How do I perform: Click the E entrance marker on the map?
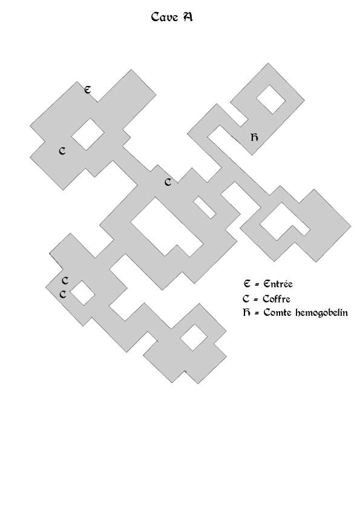(x=87, y=90)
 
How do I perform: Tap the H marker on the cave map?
(x=255, y=137)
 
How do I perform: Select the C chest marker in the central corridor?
(x=168, y=182)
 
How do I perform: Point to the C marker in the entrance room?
(x=62, y=151)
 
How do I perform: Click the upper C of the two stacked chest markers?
(x=65, y=280)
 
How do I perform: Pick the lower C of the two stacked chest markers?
(x=63, y=294)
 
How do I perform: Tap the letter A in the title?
(x=187, y=16)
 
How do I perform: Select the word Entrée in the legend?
(x=278, y=284)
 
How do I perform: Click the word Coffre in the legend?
(x=277, y=298)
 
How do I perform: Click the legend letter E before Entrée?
(x=247, y=283)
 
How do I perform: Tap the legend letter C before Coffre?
(x=246, y=298)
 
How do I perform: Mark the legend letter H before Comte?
(x=247, y=313)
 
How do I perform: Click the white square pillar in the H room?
(x=271, y=99)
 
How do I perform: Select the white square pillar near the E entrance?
(x=88, y=134)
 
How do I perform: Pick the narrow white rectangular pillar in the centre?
(x=205, y=208)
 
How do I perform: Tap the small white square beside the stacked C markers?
(x=82, y=293)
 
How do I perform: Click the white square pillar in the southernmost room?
(x=194, y=338)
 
